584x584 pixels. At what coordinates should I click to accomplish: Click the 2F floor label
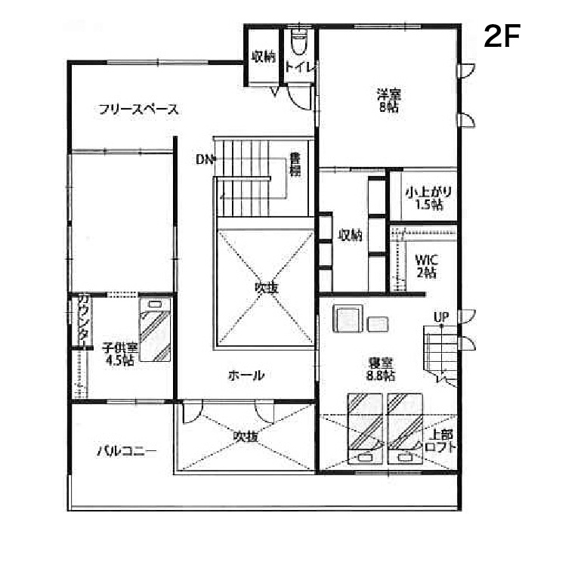tap(502, 36)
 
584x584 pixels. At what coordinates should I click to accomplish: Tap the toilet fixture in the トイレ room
tap(298, 42)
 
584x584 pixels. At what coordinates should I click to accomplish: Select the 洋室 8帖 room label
tap(389, 100)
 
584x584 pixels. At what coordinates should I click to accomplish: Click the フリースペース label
tap(138, 110)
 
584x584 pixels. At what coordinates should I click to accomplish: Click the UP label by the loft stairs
tap(441, 317)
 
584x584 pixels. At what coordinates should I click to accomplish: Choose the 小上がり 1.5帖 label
tap(428, 198)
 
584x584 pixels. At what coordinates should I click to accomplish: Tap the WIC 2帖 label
tap(426, 266)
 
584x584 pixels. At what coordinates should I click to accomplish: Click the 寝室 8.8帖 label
tap(381, 369)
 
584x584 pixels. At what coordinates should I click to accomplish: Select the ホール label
tap(246, 375)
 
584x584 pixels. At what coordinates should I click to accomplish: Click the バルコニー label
tap(127, 451)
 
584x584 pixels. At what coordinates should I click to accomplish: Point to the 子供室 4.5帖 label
tap(120, 354)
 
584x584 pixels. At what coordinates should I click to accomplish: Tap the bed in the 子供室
tap(155, 329)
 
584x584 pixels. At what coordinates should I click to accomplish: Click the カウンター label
tap(84, 321)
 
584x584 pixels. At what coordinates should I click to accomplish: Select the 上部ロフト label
tap(440, 440)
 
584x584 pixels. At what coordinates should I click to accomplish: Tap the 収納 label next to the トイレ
tap(264, 57)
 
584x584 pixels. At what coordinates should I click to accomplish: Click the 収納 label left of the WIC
tap(350, 235)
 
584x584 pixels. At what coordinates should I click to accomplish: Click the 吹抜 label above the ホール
tap(267, 288)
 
